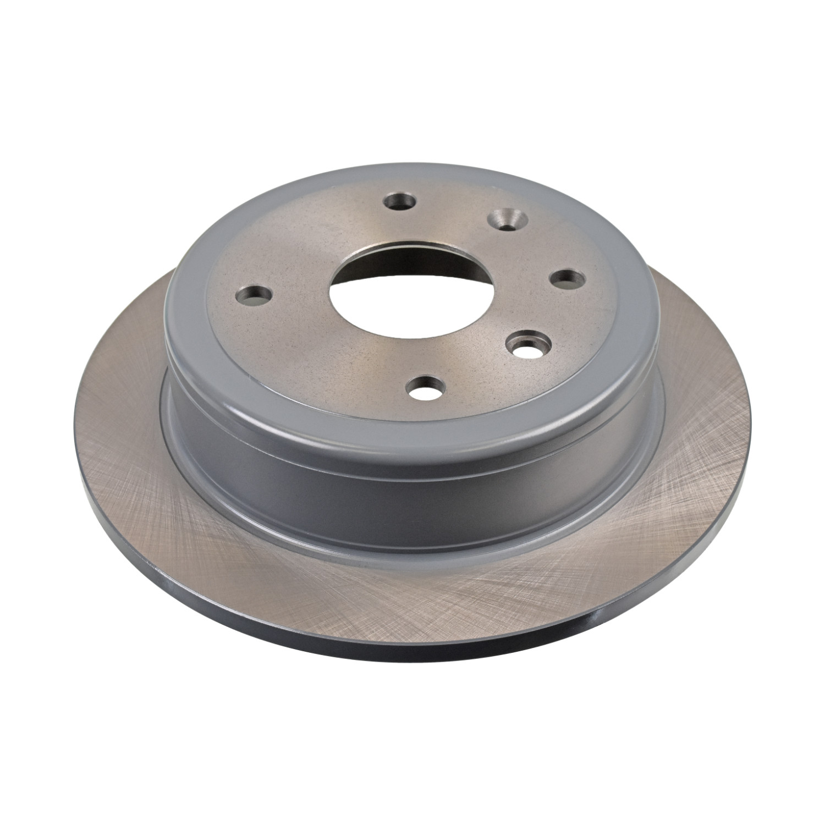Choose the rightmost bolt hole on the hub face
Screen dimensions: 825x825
point(566,279)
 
